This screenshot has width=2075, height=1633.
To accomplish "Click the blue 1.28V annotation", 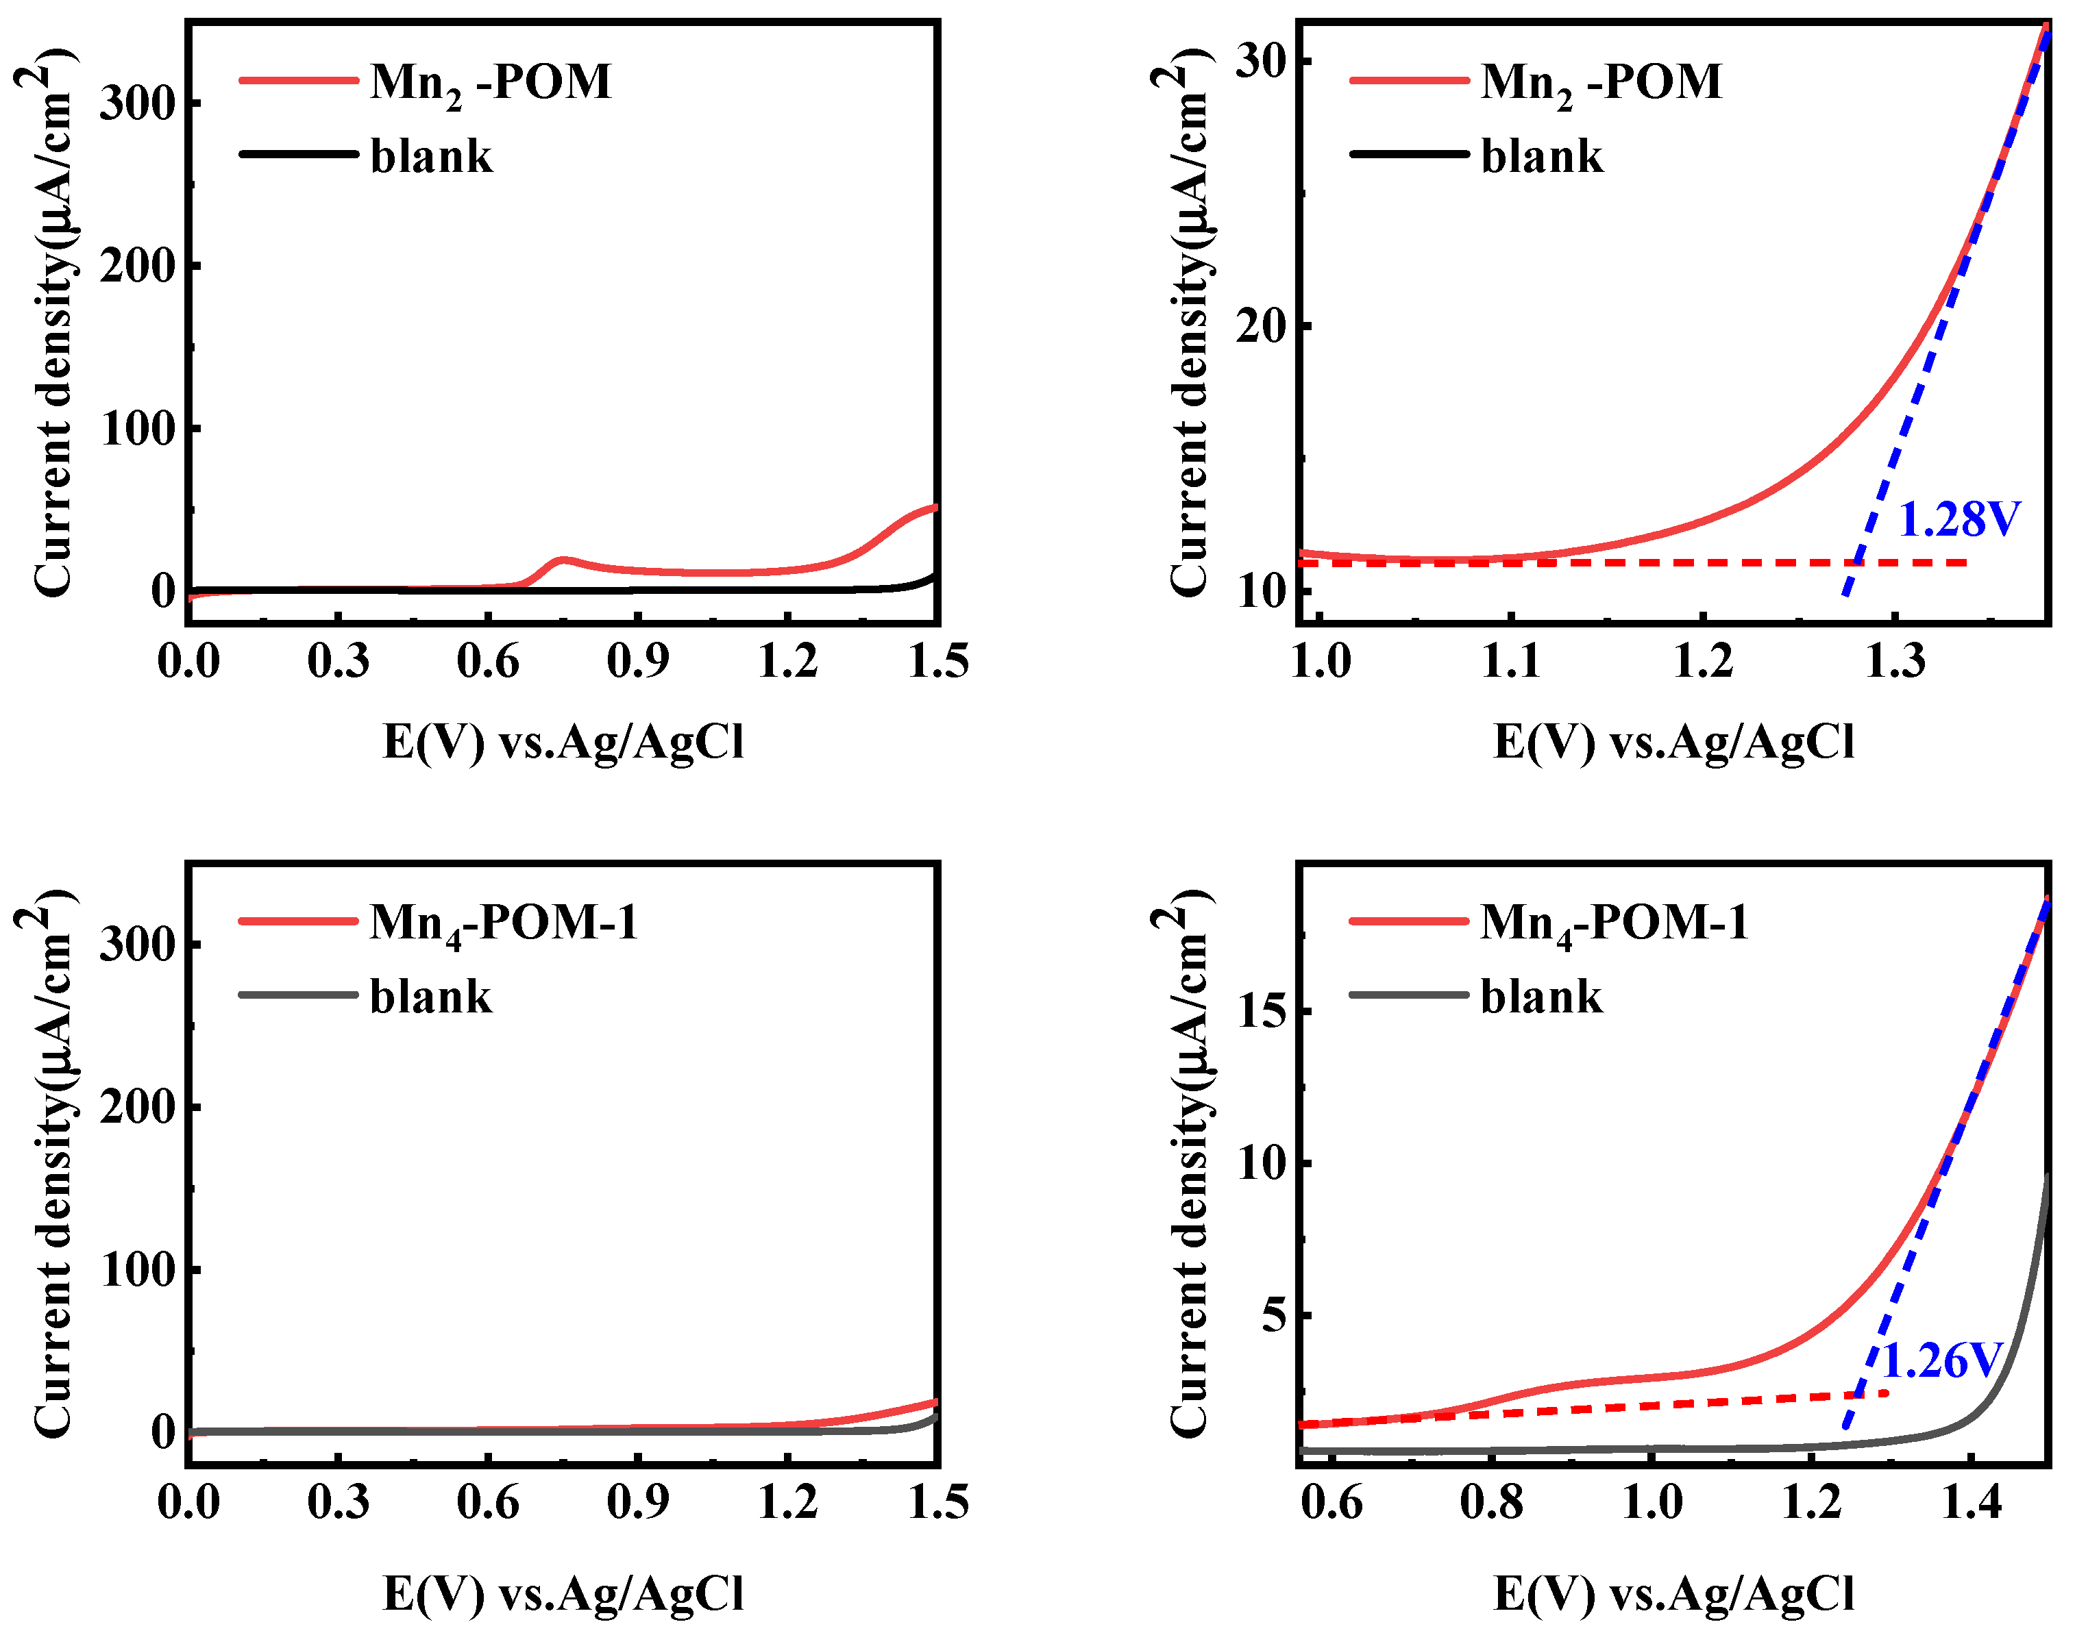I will [1959, 519].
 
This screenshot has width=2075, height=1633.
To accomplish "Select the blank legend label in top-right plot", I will [1541, 156].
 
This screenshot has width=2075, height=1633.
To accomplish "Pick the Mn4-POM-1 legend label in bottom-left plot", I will [503, 923].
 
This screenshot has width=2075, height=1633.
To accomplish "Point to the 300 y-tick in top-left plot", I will [138, 103].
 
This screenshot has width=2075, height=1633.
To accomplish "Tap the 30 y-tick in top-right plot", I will [1260, 61].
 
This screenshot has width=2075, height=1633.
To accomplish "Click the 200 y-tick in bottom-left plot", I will [138, 1107].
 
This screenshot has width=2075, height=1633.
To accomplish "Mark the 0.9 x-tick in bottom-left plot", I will [638, 1502].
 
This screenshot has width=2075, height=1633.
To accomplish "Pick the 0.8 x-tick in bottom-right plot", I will [1492, 1502].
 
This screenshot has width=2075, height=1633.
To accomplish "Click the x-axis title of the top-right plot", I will [1673, 742].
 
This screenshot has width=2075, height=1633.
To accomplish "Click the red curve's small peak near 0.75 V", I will [563, 560].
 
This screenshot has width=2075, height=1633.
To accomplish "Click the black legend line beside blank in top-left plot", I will [298, 154].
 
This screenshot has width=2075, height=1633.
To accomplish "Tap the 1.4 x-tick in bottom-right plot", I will [1972, 1502].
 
